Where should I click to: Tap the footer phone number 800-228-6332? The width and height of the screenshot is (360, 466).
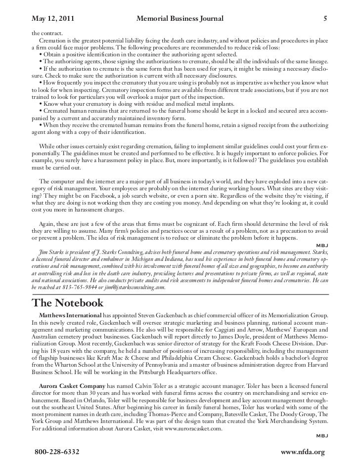pos(56,452)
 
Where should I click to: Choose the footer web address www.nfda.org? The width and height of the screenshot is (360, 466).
pos(302,452)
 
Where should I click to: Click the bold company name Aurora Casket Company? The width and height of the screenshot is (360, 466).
pos(71,385)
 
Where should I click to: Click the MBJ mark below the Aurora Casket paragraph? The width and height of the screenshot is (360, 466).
pos(322,436)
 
